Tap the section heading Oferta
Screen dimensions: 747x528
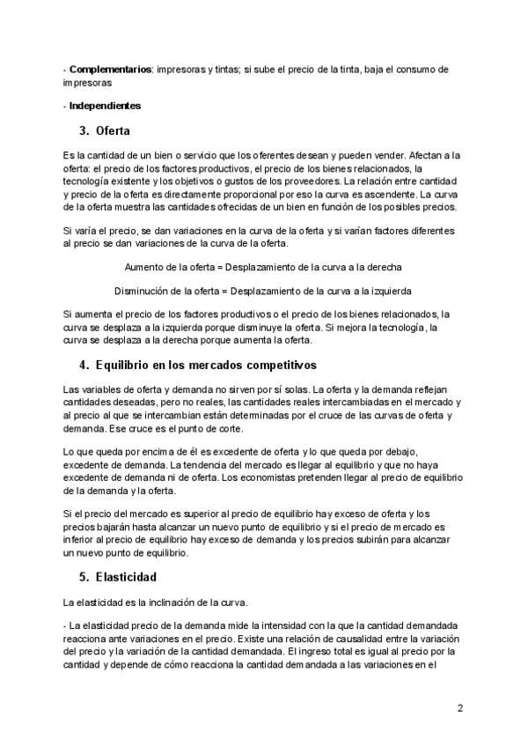click(114, 131)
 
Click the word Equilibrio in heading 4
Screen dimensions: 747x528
click(128, 364)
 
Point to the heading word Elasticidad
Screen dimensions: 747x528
click(126, 578)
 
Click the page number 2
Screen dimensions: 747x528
click(459, 708)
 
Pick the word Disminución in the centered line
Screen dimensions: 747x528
click(145, 290)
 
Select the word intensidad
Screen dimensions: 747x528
click(252, 625)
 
